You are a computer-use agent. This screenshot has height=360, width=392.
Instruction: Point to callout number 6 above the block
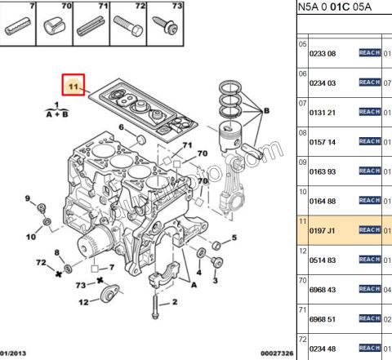click(122, 128)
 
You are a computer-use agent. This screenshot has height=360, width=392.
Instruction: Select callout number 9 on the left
click(27, 199)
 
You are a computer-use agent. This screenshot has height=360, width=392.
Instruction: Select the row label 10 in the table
click(302, 191)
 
